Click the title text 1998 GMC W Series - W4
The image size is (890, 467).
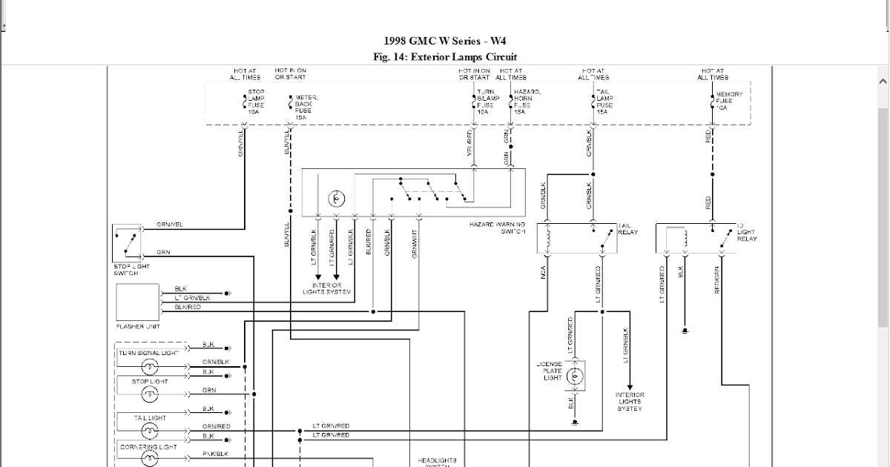446,42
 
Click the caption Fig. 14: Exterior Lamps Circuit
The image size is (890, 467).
446,57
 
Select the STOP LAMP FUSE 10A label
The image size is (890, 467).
255,101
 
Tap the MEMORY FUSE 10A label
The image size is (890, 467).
728,100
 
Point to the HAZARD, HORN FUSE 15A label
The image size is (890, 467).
527,101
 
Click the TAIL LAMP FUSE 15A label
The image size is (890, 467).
604,101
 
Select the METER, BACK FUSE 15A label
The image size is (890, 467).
306,105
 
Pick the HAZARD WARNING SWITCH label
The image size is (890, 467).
497,228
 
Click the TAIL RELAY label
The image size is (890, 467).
627,228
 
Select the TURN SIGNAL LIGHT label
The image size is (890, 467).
149,353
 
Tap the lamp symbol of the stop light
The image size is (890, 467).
151,394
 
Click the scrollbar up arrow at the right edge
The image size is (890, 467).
883,81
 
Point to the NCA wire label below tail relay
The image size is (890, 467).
544,273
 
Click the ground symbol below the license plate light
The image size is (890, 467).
575,423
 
